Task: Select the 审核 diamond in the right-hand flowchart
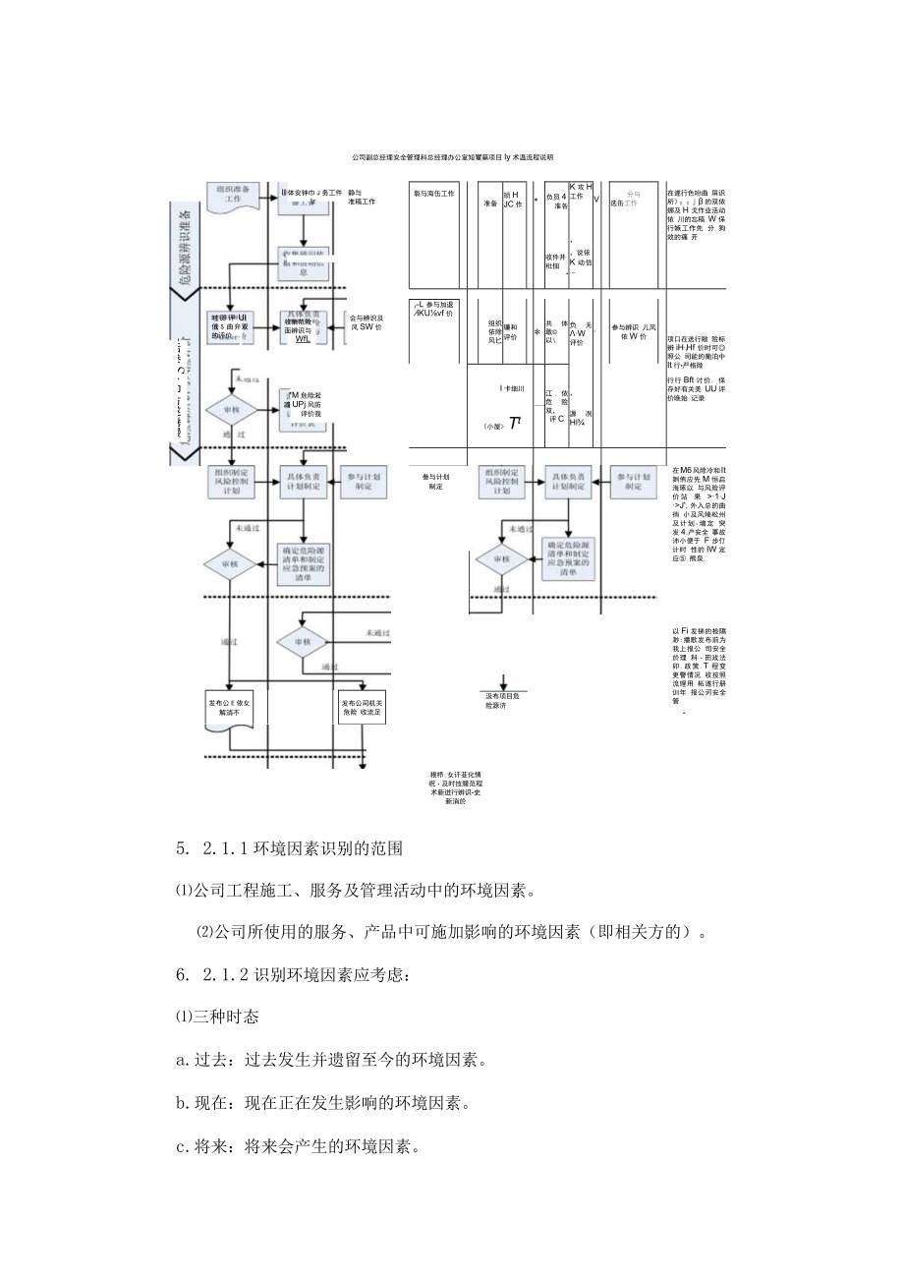(502, 559)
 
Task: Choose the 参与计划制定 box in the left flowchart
(363, 480)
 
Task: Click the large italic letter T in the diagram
(514, 423)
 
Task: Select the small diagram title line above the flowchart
(452, 157)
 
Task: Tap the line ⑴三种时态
(217, 1017)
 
